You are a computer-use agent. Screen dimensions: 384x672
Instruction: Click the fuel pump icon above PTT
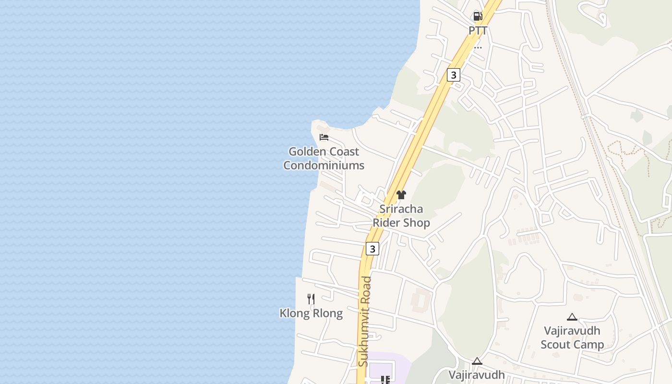[478, 17]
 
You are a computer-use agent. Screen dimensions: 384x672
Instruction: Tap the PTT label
[478, 31]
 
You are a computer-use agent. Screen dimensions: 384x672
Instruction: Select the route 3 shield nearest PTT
[453, 75]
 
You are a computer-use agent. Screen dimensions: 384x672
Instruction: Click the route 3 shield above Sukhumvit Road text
[372, 249]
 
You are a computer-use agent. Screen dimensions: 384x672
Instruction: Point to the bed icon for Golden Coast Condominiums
[324, 137]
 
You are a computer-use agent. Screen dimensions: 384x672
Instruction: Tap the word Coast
[344, 152]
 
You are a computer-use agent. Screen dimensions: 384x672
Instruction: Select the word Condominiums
[324, 166]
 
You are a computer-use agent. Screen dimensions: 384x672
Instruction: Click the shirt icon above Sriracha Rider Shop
[401, 194]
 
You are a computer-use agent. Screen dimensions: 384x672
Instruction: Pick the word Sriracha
[401, 209]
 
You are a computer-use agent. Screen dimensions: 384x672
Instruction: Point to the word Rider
[386, 223]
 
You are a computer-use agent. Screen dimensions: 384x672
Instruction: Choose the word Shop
[416, 223]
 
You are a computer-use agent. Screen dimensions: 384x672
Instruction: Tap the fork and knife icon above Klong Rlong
[311, 299]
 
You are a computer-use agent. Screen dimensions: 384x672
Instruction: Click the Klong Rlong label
[311, 313]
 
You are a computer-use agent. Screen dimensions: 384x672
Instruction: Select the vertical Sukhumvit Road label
[364, 322]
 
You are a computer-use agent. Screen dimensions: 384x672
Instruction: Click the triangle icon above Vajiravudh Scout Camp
[572, 317]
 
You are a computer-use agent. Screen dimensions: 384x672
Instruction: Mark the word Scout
[556, 345]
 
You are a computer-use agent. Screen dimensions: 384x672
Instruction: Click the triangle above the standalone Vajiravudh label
[477, 361]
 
